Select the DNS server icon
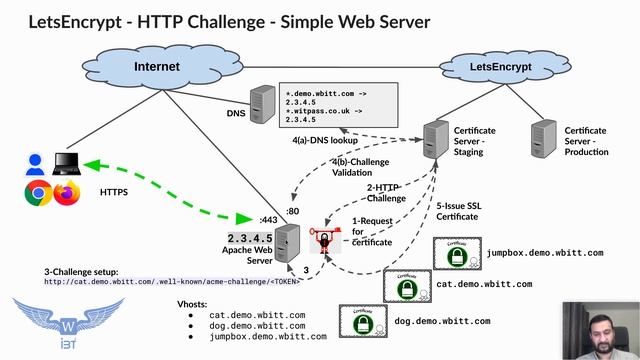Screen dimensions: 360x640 pos(262,104)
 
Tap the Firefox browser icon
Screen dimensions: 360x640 pos(66,193)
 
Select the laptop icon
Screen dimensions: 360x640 pos(67,163)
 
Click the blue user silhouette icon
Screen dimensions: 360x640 pos(35,163)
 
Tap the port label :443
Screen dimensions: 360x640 pos(268,219)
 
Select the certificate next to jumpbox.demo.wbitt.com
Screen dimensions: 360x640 pos(458,257)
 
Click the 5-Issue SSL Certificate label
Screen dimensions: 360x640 pos(463,210)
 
